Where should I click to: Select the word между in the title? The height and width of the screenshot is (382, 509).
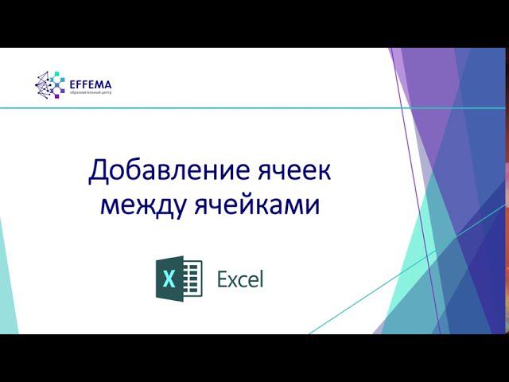point(142,205)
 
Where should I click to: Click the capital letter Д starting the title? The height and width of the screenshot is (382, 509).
point(99,171)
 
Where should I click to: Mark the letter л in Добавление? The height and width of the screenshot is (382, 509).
point(165,172)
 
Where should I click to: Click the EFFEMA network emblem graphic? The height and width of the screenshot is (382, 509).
point(49,84)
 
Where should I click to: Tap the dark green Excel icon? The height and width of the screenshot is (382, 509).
point(178,279)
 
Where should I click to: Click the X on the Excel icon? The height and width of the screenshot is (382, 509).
point(169,279)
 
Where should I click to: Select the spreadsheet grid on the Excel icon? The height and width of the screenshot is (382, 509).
point(192,279)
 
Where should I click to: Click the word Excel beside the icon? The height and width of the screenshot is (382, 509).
point(239,279)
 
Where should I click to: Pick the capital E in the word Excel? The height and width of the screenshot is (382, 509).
point(223,279)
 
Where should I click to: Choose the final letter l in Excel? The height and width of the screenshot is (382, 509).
point(260,279)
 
